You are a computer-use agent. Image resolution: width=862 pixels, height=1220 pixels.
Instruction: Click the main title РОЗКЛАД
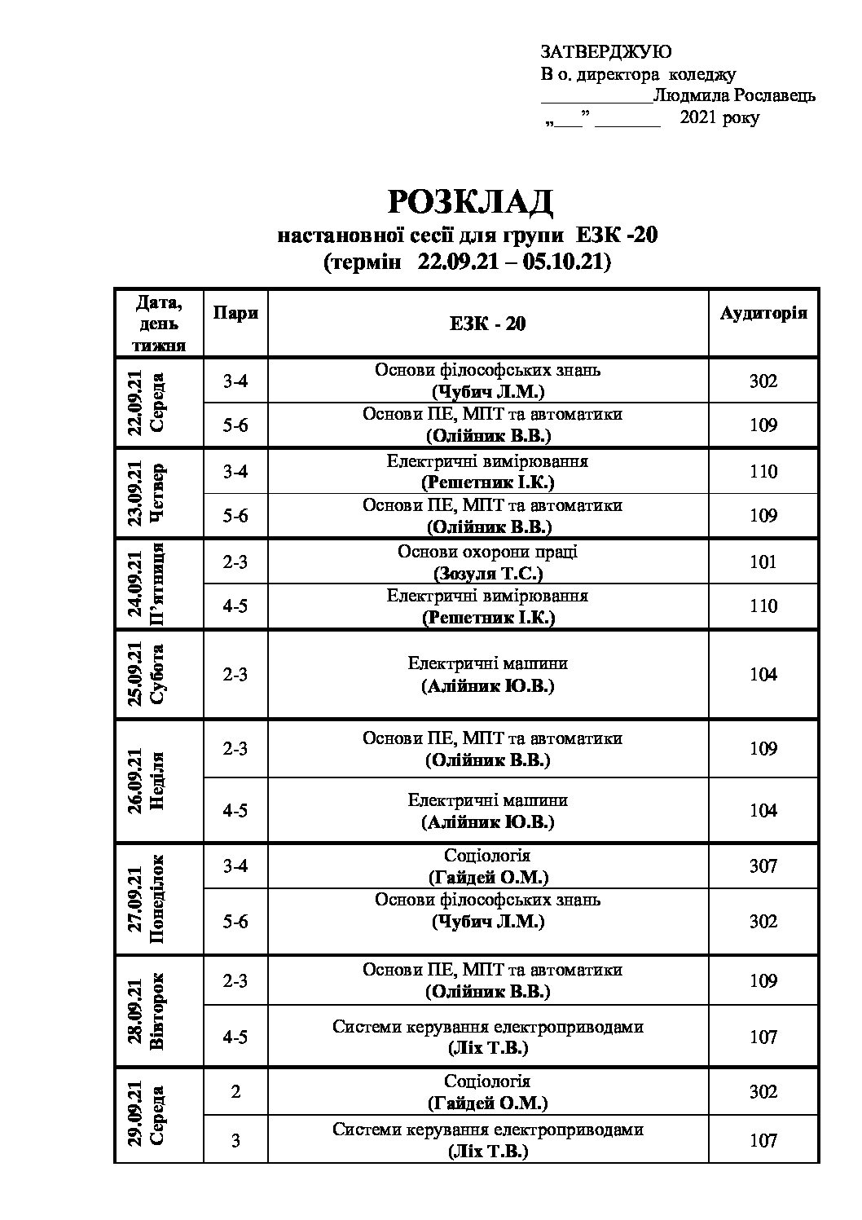[470, 202]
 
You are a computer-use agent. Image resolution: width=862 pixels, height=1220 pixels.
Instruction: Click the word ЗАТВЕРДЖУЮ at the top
[606, 52]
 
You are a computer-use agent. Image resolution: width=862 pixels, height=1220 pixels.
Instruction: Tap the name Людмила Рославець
[734, 95]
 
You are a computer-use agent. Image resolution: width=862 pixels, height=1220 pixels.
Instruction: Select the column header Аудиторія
[763, 314]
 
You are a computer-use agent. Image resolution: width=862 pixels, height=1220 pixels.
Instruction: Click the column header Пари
[235, 314]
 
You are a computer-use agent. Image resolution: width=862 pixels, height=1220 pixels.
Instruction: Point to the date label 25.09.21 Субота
[146, 674]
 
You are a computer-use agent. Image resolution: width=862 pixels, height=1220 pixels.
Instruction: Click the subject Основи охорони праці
[487, 552]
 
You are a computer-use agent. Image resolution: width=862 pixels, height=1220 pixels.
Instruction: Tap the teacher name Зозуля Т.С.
[487, 573]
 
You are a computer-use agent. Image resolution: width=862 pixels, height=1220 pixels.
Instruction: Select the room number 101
[763, 562]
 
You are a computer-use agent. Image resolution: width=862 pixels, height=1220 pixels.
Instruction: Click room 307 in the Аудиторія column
[763, 865]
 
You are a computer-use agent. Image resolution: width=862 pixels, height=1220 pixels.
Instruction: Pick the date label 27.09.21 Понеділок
[146, 899]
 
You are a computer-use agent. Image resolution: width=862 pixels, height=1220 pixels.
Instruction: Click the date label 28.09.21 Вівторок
[146, 1011]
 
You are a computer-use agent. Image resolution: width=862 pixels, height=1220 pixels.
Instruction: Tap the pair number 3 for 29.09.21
[235, 1140]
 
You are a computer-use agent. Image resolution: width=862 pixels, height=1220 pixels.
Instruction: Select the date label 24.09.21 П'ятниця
[146, 583]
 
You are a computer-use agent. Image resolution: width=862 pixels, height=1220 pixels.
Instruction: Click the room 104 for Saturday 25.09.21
[763, 674]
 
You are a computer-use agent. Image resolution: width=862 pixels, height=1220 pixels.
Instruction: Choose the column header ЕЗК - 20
[487, 324]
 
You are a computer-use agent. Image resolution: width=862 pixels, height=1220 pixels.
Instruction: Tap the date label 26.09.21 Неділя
[146, 780]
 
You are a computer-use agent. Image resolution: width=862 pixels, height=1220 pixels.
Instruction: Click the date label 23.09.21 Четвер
[146, 492]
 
